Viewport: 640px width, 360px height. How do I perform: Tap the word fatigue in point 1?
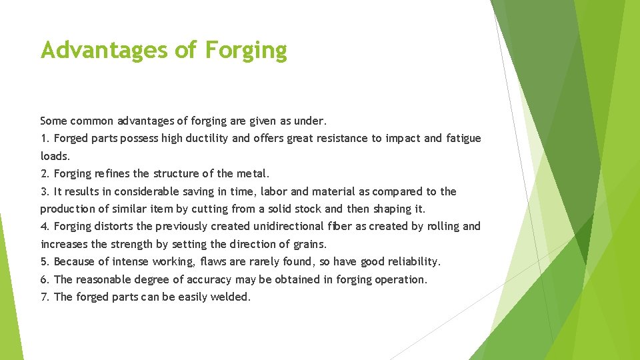(463, 139)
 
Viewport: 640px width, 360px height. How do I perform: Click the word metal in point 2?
(252, 174)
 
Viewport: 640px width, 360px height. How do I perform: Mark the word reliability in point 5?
(412, 262)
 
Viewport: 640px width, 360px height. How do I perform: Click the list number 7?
(44, 297)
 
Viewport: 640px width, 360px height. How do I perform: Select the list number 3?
(44, 191)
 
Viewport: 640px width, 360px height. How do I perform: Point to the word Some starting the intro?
(53, 121)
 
